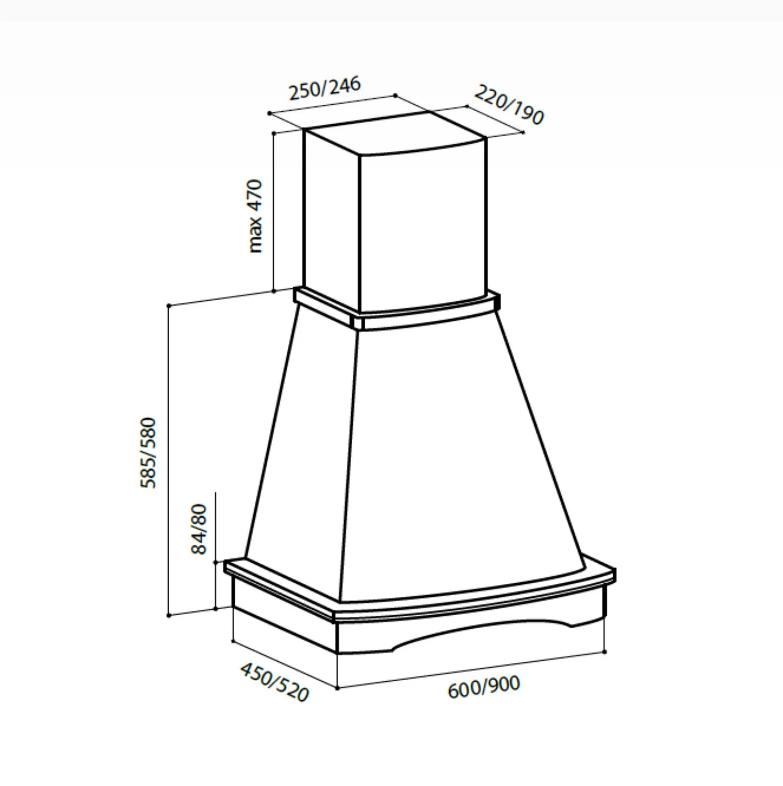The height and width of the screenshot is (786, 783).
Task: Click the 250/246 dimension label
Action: pos(325,88)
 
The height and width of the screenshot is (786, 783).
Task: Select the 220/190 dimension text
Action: pos(509,105)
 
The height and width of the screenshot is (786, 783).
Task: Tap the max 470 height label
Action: pos(255,216)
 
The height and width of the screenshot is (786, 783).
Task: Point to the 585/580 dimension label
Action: pos(148,453)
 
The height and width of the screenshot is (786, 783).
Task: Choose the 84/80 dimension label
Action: pos(199,529)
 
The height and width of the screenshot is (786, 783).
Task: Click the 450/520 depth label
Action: pos(274,682)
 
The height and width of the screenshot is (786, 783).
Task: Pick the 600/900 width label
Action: pos(484,687)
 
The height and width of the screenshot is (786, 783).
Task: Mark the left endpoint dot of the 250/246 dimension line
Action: pos(268,113)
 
